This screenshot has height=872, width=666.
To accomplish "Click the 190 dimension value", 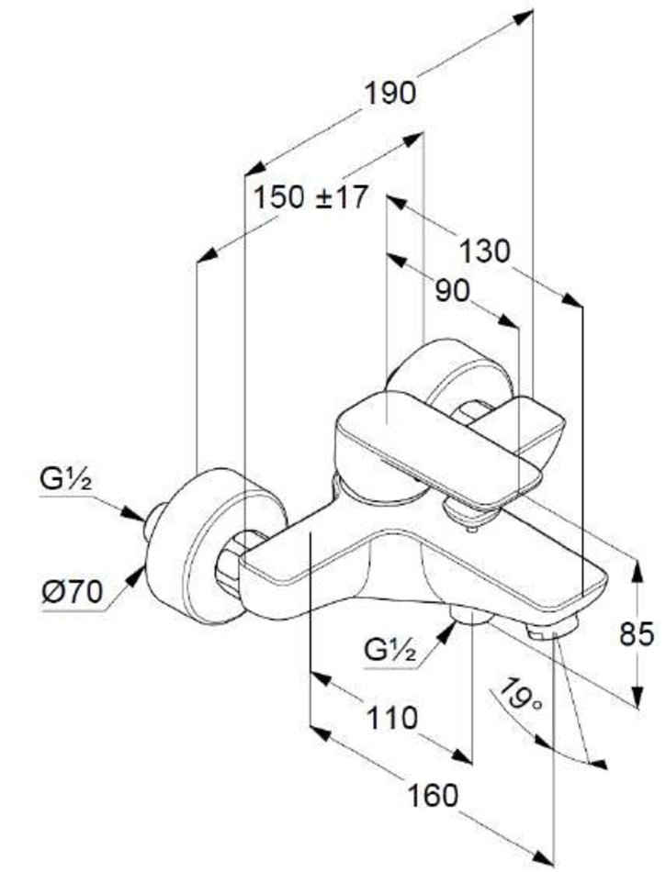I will (x=390, y=93).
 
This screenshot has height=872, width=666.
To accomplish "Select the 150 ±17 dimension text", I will (x=310, y=196).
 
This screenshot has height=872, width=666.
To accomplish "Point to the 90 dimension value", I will (x=451, y=290).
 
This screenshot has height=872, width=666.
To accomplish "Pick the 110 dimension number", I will (x=389, y=717).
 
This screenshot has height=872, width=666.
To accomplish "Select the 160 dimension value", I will (x=433, y=795).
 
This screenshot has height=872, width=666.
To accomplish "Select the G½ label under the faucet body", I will (x=390, y=652).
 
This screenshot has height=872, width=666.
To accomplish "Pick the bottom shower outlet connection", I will (x=471, y=617).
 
